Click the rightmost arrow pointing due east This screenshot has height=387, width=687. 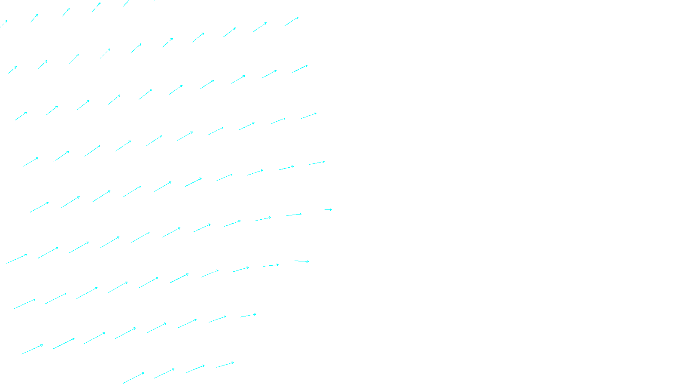click(x=325, y=210)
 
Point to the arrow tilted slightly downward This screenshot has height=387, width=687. click(x=302, y=261)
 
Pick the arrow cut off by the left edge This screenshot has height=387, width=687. click(x=3, y=24)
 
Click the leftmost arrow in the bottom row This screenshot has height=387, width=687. click(x=134, y=378)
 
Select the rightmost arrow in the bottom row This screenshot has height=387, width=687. click(x=225, y=365)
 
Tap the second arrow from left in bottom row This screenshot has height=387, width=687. click(x=164, y=373)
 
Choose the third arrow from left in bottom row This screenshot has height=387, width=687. click(x=195, y=369)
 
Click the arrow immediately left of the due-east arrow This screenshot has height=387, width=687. click(x=294, y=215)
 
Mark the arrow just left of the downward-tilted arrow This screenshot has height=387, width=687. click(x=271, y=265)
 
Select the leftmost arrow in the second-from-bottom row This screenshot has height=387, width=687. click(x=32, y=349)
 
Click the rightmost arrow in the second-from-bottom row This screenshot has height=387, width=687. click(x=248, y=316)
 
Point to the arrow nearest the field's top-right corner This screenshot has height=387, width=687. click(x=291, y=21)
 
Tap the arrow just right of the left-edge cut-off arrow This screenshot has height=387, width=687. click(x=34, y=18)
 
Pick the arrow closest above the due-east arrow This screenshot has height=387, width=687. click(x=317, y=163)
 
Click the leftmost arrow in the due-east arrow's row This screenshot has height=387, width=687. click(x=40, y=207)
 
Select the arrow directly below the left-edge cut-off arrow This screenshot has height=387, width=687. click(x=12, y=70)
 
